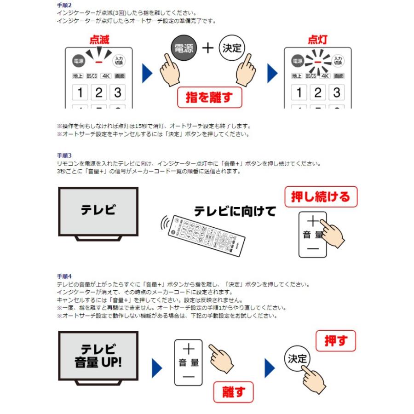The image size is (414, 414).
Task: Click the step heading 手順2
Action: coord(64,5)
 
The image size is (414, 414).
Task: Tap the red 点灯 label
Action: coord(317,40)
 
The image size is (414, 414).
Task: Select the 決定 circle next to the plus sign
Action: coord(232,48)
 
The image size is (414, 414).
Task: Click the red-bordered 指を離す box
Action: coord(209,97)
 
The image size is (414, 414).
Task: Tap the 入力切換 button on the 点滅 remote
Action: coord(119,60)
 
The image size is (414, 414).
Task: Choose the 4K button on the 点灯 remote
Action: coord(325,76)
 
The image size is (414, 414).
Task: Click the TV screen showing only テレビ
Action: coord(98,211)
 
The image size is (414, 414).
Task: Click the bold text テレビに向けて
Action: coord(235,211)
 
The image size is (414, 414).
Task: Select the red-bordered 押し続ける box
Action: coord(321,197)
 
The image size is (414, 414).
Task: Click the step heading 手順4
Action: coord(64,276)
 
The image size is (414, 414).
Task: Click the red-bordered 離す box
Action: coord(233,392)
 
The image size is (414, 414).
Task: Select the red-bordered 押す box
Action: coord(336,341)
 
